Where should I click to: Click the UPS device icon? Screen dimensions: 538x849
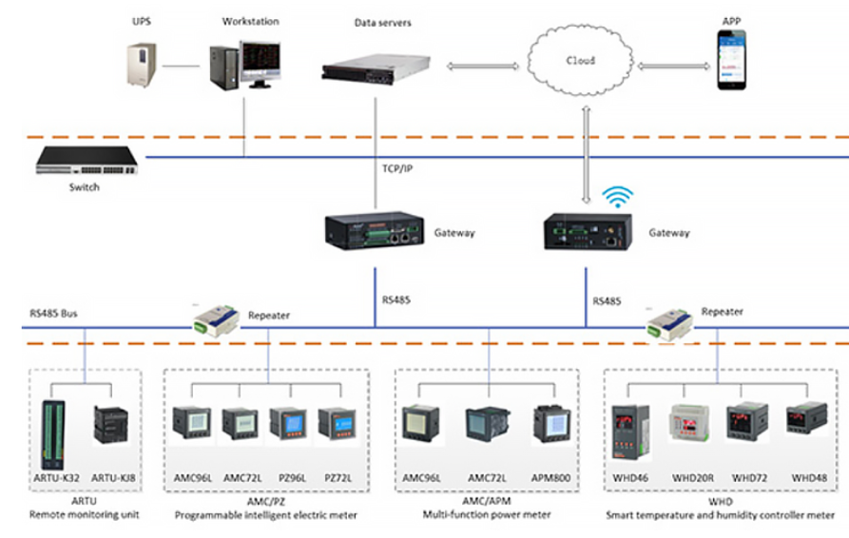point(141,62)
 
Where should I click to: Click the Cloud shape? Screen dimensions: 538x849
point(582,61)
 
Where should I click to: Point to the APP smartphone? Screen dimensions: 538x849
point(732,60)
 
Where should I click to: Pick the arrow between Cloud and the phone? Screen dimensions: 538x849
point(675,66)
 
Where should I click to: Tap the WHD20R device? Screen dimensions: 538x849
point(690,425)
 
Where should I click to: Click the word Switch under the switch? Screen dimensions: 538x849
point(84,187)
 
